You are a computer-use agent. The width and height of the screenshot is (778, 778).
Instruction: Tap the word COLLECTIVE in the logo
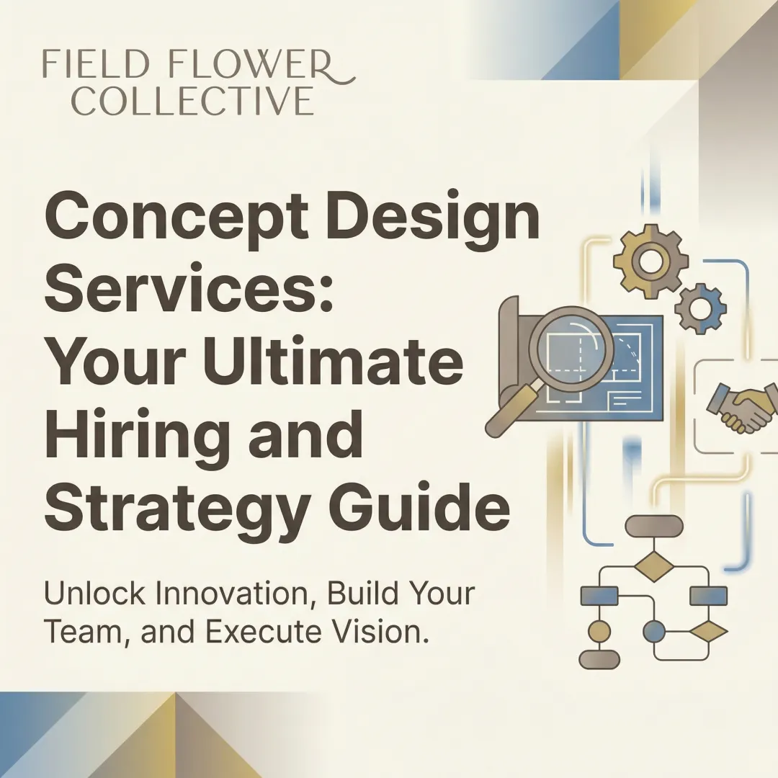click(x=193, y=101)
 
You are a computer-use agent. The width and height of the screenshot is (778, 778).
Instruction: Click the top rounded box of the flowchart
click(x=653, y=526)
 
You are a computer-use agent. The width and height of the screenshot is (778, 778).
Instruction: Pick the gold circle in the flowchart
click(x=599, y=632)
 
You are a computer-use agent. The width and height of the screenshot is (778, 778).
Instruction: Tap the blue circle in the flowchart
click(x=653, y=632)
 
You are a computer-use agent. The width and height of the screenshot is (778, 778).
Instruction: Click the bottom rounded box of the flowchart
click(x=599, y=659)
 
